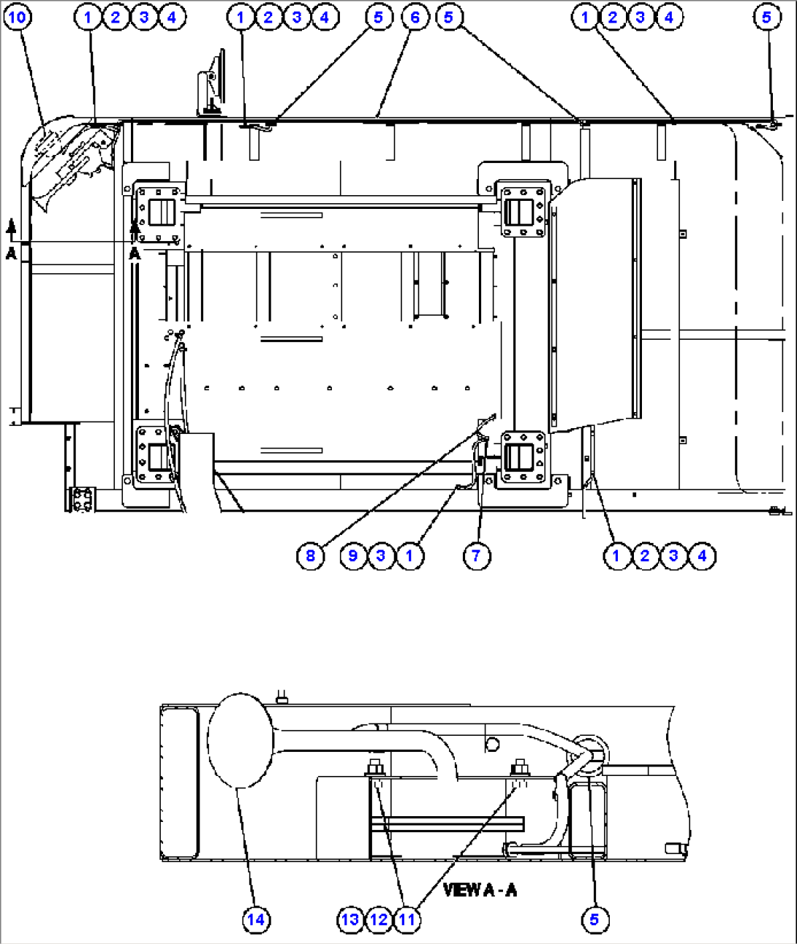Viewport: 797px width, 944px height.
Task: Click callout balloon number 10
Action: point(18,17)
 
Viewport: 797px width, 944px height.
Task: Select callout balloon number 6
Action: point(415,17)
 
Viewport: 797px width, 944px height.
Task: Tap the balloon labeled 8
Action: point(310,556)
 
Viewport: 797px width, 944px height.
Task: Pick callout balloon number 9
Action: point(353,556)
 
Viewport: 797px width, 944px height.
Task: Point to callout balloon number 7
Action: point(476,556)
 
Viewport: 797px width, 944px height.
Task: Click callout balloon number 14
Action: point(256,919)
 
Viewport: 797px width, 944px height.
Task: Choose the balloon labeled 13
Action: point(350,919)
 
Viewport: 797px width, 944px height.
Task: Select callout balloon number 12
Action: point(379,919)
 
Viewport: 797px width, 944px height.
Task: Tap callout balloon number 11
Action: point(407,919)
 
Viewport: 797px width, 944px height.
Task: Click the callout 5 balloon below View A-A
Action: point(594,919)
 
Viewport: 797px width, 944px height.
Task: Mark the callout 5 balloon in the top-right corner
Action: point(766,17)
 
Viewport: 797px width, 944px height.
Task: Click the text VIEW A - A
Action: point(480,889)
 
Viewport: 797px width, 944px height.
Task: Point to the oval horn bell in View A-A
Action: point(239,740)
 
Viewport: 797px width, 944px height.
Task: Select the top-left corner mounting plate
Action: point(158,213)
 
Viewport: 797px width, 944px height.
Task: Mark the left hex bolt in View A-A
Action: point(374,768)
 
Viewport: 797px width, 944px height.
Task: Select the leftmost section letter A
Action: point(11,253)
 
